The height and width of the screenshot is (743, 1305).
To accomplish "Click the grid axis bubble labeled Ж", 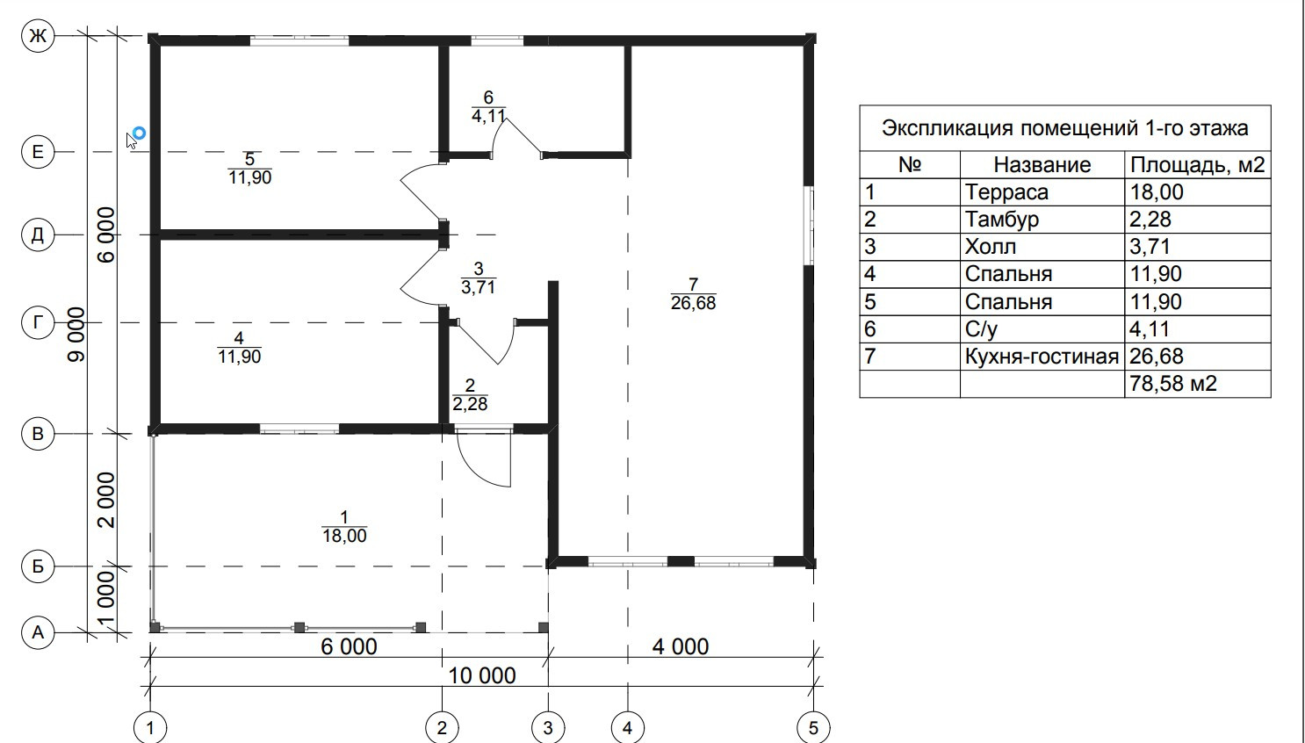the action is [38, 36].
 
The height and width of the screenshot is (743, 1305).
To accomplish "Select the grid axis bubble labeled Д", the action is [38, 235].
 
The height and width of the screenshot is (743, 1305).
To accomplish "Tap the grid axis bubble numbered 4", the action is [627, 727].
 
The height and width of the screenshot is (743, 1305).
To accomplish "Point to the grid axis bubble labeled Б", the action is [38, 566].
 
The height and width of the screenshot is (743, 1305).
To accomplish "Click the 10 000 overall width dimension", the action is [482, 675].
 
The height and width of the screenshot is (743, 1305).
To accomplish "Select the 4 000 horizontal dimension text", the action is [681, 647].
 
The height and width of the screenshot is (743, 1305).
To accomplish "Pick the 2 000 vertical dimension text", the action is [106, 500].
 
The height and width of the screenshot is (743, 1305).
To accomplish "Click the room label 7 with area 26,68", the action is [693, 294].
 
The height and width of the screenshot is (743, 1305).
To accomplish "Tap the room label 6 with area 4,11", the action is [488, 106].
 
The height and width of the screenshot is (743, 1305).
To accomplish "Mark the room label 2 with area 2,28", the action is [470, 395].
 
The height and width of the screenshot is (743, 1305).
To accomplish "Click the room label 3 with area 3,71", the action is [478, 278].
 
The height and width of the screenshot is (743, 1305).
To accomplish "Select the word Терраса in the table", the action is [1006, 192].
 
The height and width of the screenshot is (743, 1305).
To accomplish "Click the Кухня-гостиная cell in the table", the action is [1042, 357].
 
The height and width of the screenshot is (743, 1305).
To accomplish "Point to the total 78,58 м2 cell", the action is [1173, 384].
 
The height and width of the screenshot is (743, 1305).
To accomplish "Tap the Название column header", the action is [1042, 165].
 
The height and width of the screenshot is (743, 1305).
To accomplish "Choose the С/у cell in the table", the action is [981, 329].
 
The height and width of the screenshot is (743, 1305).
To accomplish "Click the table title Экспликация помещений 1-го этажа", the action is [1064, 128].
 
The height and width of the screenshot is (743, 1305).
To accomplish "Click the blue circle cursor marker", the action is [138, 133].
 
